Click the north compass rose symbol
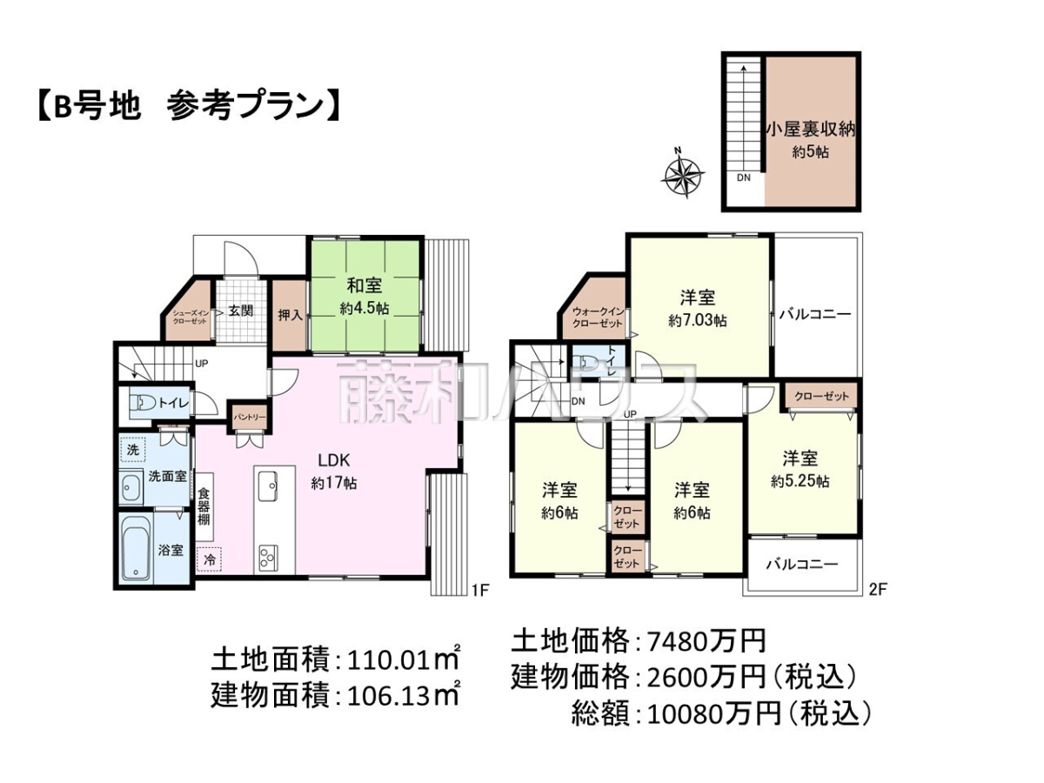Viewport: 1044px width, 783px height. coord(683,176)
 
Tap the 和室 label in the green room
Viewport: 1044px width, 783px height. coord(364,285)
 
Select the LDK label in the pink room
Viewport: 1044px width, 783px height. coord(333,460)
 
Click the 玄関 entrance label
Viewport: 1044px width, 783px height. coord(241,311)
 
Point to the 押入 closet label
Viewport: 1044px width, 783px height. coord(290,315)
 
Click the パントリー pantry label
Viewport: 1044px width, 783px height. coord(249,418)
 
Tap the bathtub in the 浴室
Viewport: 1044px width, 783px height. coord(137,549)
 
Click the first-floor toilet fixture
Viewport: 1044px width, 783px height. coord(143,404)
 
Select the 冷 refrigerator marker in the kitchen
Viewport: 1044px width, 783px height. coord(210,559)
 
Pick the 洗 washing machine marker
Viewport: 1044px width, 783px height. coord(132,449)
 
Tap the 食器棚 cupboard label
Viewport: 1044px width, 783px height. coord(204,505)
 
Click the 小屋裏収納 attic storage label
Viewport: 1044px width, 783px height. coord(811,130)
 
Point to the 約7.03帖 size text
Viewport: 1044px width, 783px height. coord(697,321)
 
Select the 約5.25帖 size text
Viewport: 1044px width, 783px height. coord(800,482)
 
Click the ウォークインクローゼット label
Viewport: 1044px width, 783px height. coord(598,318)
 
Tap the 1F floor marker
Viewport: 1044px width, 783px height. coord(480,590)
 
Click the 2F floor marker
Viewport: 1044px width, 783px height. coord(878,590)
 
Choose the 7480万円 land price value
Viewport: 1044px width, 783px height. coord(707,641)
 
